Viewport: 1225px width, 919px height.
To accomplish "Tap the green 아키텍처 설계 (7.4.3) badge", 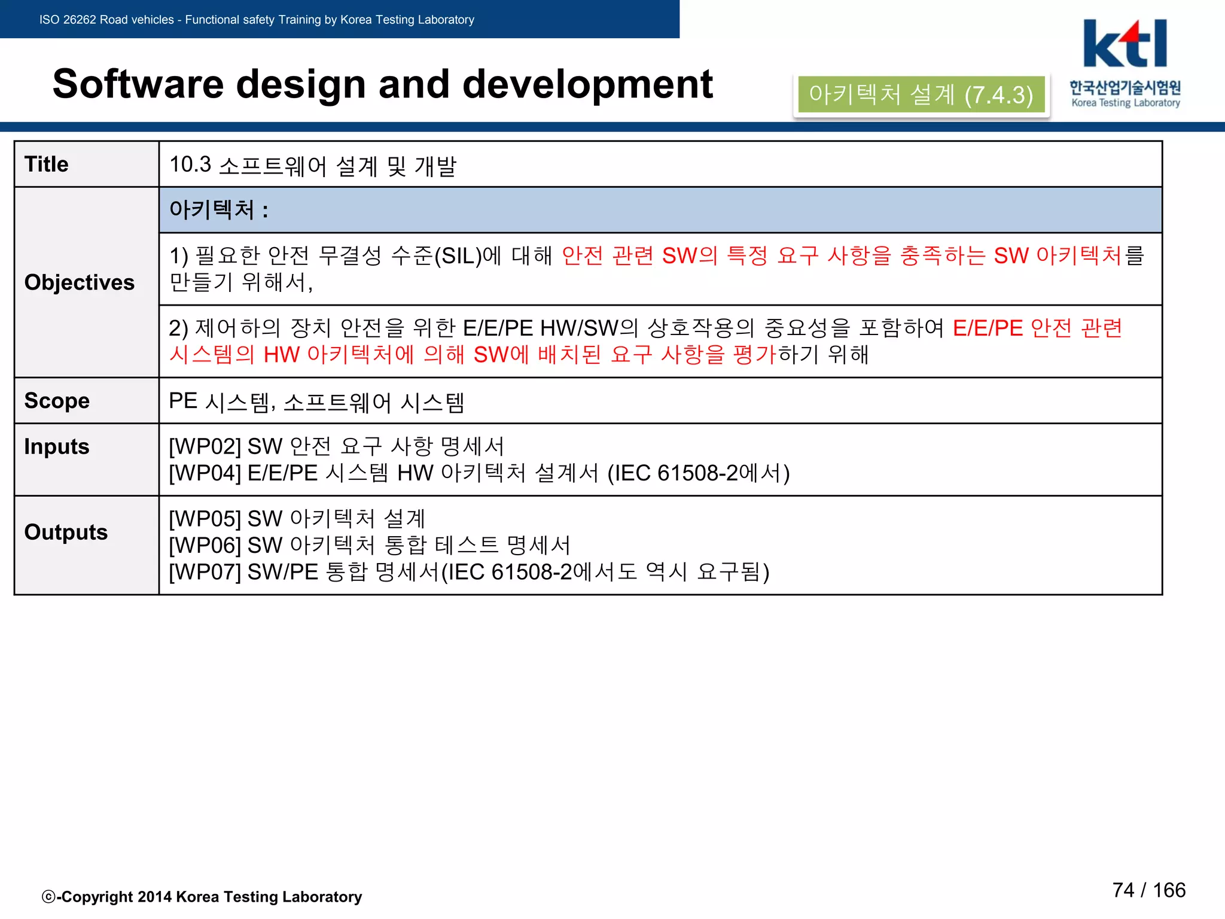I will click(921, 95).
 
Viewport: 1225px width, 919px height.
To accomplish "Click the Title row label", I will click(47, 164).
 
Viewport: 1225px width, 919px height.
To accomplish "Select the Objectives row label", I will click(80, 282).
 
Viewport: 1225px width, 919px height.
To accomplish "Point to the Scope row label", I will click(57, 401).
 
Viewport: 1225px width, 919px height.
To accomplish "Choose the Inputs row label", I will click(57, 447).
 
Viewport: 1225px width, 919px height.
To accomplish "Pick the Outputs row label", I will click(66, 532).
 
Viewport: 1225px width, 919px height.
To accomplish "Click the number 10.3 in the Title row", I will click(190, 165).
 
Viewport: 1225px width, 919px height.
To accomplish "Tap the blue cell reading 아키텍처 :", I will click(219, 210).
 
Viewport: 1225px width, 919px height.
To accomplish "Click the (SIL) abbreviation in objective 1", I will click(458, 256).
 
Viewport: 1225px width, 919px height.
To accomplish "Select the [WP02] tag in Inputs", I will click(205, 446).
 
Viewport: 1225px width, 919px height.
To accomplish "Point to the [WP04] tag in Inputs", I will click(205, 473).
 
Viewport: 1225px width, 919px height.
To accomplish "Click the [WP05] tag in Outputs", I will click(205, 519).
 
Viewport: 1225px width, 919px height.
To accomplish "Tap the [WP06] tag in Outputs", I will click(205, 545).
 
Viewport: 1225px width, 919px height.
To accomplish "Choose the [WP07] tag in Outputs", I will click(205, 572).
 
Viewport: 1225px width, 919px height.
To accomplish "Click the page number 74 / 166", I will click(1148, 890).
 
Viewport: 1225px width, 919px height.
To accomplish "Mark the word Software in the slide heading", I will click(138, 84).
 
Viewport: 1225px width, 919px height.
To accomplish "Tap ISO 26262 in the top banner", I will click(68, 20).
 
